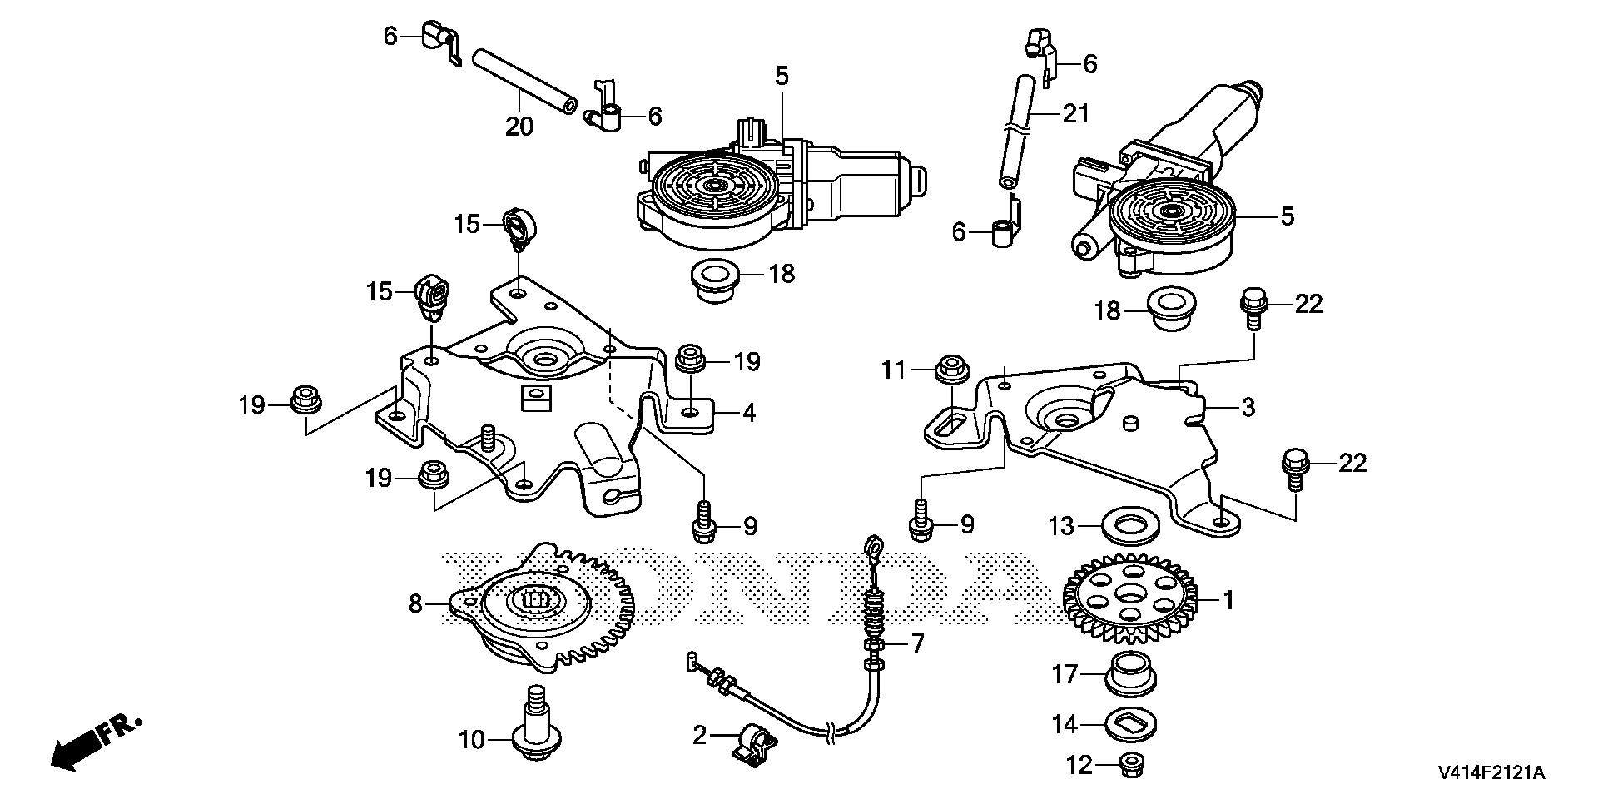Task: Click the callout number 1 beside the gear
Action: [x=1228, y=599]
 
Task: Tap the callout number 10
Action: [x=472, y=738]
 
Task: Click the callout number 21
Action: [x=1075, y=112]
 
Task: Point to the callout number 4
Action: [x=749, y=412]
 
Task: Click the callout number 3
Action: [x=1248, y=407]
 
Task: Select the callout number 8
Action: [x=416, y=603]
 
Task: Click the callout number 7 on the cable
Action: [x=916, y=643]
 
